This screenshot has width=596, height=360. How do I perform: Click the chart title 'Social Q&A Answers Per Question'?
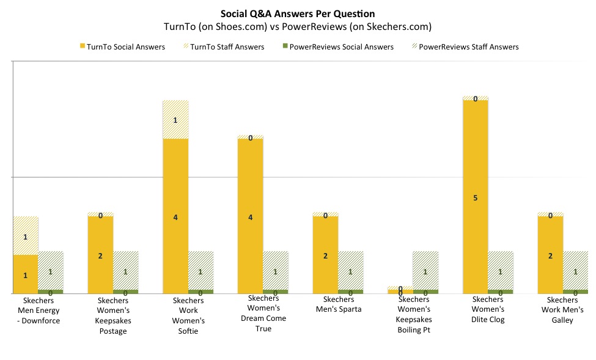[x=298, y=13]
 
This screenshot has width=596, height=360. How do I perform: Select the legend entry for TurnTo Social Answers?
[x=122, y=46]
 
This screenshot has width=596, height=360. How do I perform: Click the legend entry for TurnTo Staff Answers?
[x=223, y=46]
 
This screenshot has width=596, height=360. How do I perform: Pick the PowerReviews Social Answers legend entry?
[x=336, y=46]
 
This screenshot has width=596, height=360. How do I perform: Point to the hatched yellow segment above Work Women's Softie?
[x=175, y=120]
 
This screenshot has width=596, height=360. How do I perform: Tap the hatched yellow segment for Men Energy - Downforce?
[x=26, y=236]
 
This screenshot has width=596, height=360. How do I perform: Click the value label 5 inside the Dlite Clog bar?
[x=475, y=197]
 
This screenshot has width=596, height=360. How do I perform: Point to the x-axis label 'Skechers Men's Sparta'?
[x=338, y=304]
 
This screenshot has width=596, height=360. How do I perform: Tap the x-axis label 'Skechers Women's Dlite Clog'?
[x=488, y=309]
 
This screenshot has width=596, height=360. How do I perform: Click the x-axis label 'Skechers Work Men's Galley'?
[x=562, y=309]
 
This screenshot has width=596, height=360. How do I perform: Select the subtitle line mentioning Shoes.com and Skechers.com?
[x=298, y=26]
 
